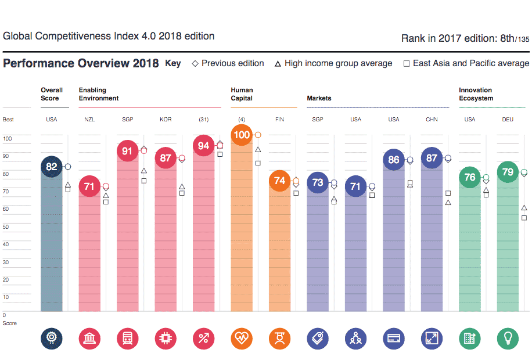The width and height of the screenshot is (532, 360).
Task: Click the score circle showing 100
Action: pyautogui.click(x=242, y=135)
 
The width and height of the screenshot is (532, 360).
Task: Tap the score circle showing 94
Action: pyautogui.click(x=203, y=146)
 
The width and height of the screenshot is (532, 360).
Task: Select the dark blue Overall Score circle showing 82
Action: pyautogui.click(x=52, y=167)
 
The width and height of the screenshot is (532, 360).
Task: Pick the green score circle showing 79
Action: pyautogui.click(x=508, y=172)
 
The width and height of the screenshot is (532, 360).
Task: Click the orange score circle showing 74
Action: pyautogui.click(x=279, y=181)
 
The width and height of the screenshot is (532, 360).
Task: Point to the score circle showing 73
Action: pyautogui.click(x=318, y=182)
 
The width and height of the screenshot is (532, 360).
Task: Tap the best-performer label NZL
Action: pyautogui.click(x=89, y=120)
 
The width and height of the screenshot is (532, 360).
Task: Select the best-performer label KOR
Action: pyautogui.click(x=166, y=120)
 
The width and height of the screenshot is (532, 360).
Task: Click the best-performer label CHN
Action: pyautogui.click(x=432, y=120)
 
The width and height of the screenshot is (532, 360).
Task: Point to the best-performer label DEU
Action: pyautogui.click(x=508, y=120)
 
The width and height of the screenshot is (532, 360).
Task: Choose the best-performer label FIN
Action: pyautogui.click(x=279, y=120)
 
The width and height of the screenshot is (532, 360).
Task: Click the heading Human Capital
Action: pyautogui.click(x=242, y=94)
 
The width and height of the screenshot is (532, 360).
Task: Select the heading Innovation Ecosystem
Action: pyautogui.click(x=476, y=94)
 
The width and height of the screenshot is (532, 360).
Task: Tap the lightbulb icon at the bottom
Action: pyautogui.click(x=508, y=338)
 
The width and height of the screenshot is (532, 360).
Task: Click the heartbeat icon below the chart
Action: pyautogui.click(x=242, y=338)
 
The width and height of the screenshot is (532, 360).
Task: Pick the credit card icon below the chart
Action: pyautogui.click(x=394, y=338)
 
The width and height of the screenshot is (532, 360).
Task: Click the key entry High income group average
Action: pyautogui.click(x=333, y=63)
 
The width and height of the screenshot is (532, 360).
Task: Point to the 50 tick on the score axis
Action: pyautogui.click(x=8, y=227)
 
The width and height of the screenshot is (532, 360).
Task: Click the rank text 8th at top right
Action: pyautogui.click(x=507, y=38)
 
